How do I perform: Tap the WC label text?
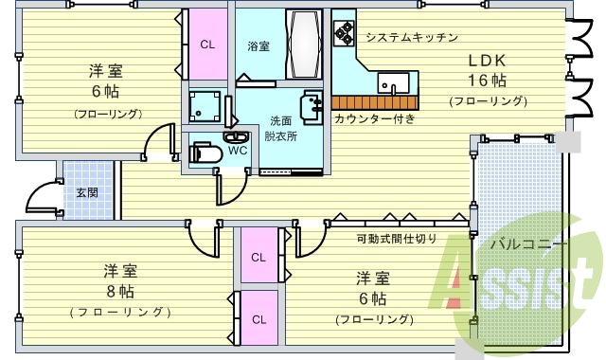[238, 150]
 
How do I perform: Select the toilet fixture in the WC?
[206, 151]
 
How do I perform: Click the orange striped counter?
[374, 102]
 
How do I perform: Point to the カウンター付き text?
[374, 119]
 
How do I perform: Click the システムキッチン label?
[412, 38]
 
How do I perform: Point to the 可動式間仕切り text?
[396, 238]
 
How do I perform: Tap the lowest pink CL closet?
[258, 320]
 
